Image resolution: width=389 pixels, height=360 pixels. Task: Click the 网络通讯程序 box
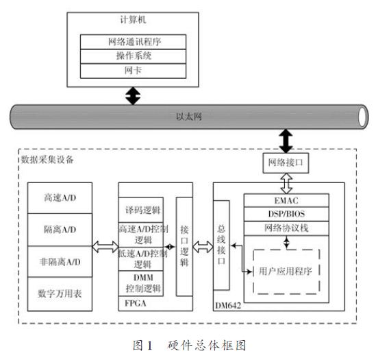133,42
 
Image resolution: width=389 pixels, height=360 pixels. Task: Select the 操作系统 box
133,56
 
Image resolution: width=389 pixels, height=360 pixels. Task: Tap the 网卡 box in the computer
133,71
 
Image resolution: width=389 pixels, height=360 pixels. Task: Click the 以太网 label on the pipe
188,117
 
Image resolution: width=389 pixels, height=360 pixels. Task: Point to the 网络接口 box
286,163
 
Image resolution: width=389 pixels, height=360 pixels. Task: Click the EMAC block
286,200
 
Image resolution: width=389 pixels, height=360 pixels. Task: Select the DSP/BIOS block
286,214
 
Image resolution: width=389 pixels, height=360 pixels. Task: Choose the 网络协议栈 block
286,228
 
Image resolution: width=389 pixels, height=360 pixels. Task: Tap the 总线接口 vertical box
221,245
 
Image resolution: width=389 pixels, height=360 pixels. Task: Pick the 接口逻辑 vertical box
184,247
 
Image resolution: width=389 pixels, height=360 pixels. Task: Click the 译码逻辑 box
141,210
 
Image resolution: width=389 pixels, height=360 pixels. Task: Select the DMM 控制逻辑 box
141,283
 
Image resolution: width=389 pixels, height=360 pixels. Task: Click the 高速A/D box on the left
60,198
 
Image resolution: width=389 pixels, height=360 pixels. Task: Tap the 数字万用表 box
60,294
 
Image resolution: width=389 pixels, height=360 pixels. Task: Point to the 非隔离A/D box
60,262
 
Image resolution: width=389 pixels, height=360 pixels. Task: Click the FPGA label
136,303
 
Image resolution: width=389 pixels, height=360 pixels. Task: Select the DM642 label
228,306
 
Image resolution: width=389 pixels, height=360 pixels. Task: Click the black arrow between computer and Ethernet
133,96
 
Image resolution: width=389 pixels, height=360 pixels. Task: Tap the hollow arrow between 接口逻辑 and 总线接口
203,247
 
